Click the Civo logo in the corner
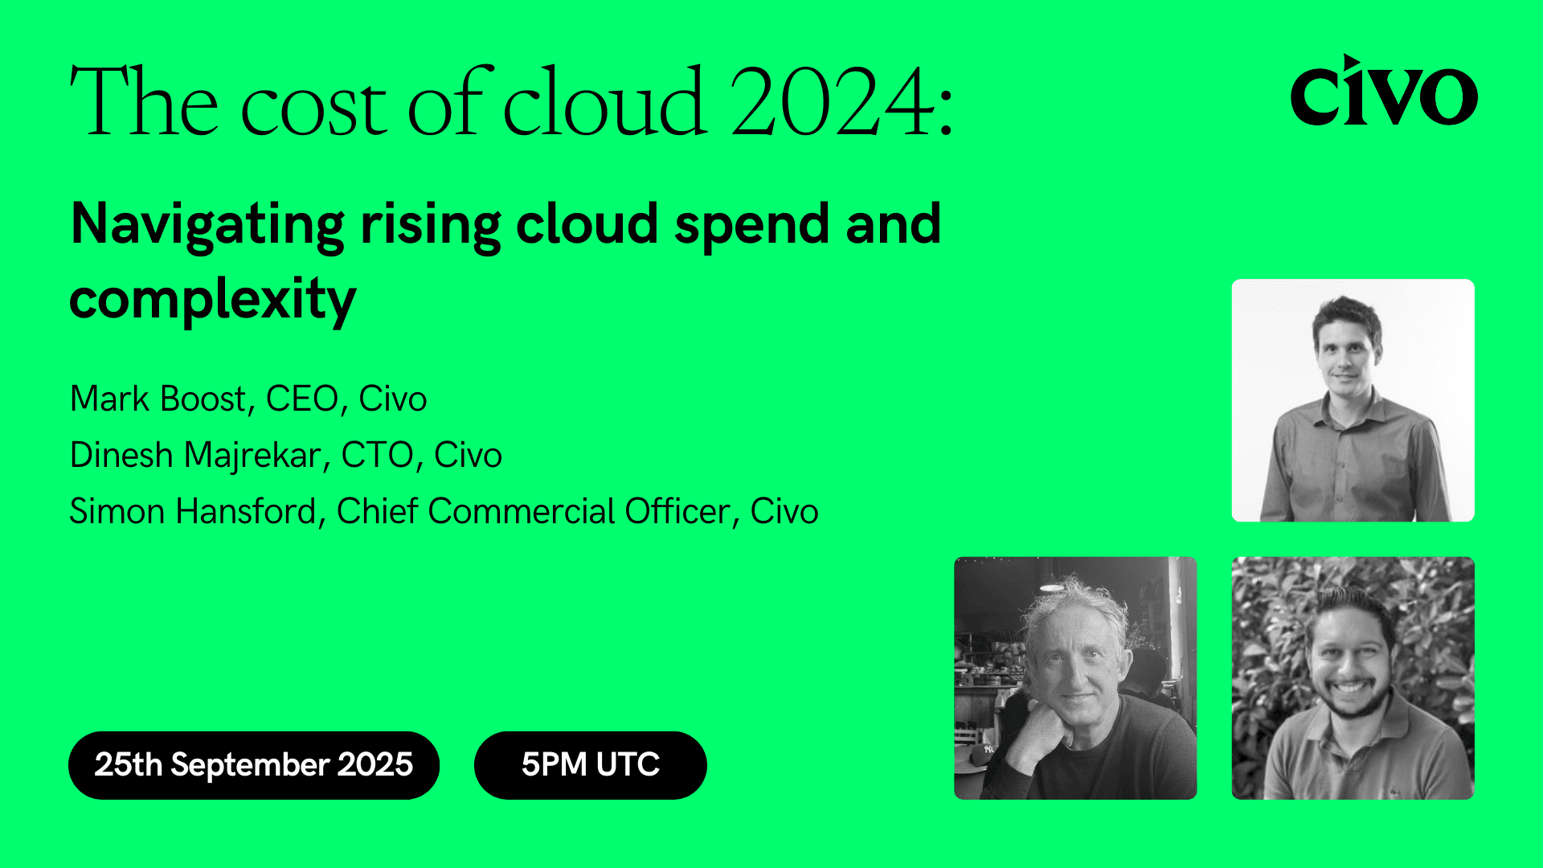(1383, 92)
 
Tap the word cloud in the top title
(604, 103)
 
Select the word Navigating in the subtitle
(207, 225)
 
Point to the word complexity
(212, 300)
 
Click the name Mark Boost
(158, 399)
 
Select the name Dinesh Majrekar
(195, 455)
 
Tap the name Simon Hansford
(193, 511)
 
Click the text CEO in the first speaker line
(302, 399)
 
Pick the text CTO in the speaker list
(376, 455)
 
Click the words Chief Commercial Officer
(533, 511)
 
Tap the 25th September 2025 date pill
(253, 764)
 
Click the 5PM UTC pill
(590, 764)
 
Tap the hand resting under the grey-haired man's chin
(1045, 727)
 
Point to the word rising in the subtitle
(430, 225)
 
